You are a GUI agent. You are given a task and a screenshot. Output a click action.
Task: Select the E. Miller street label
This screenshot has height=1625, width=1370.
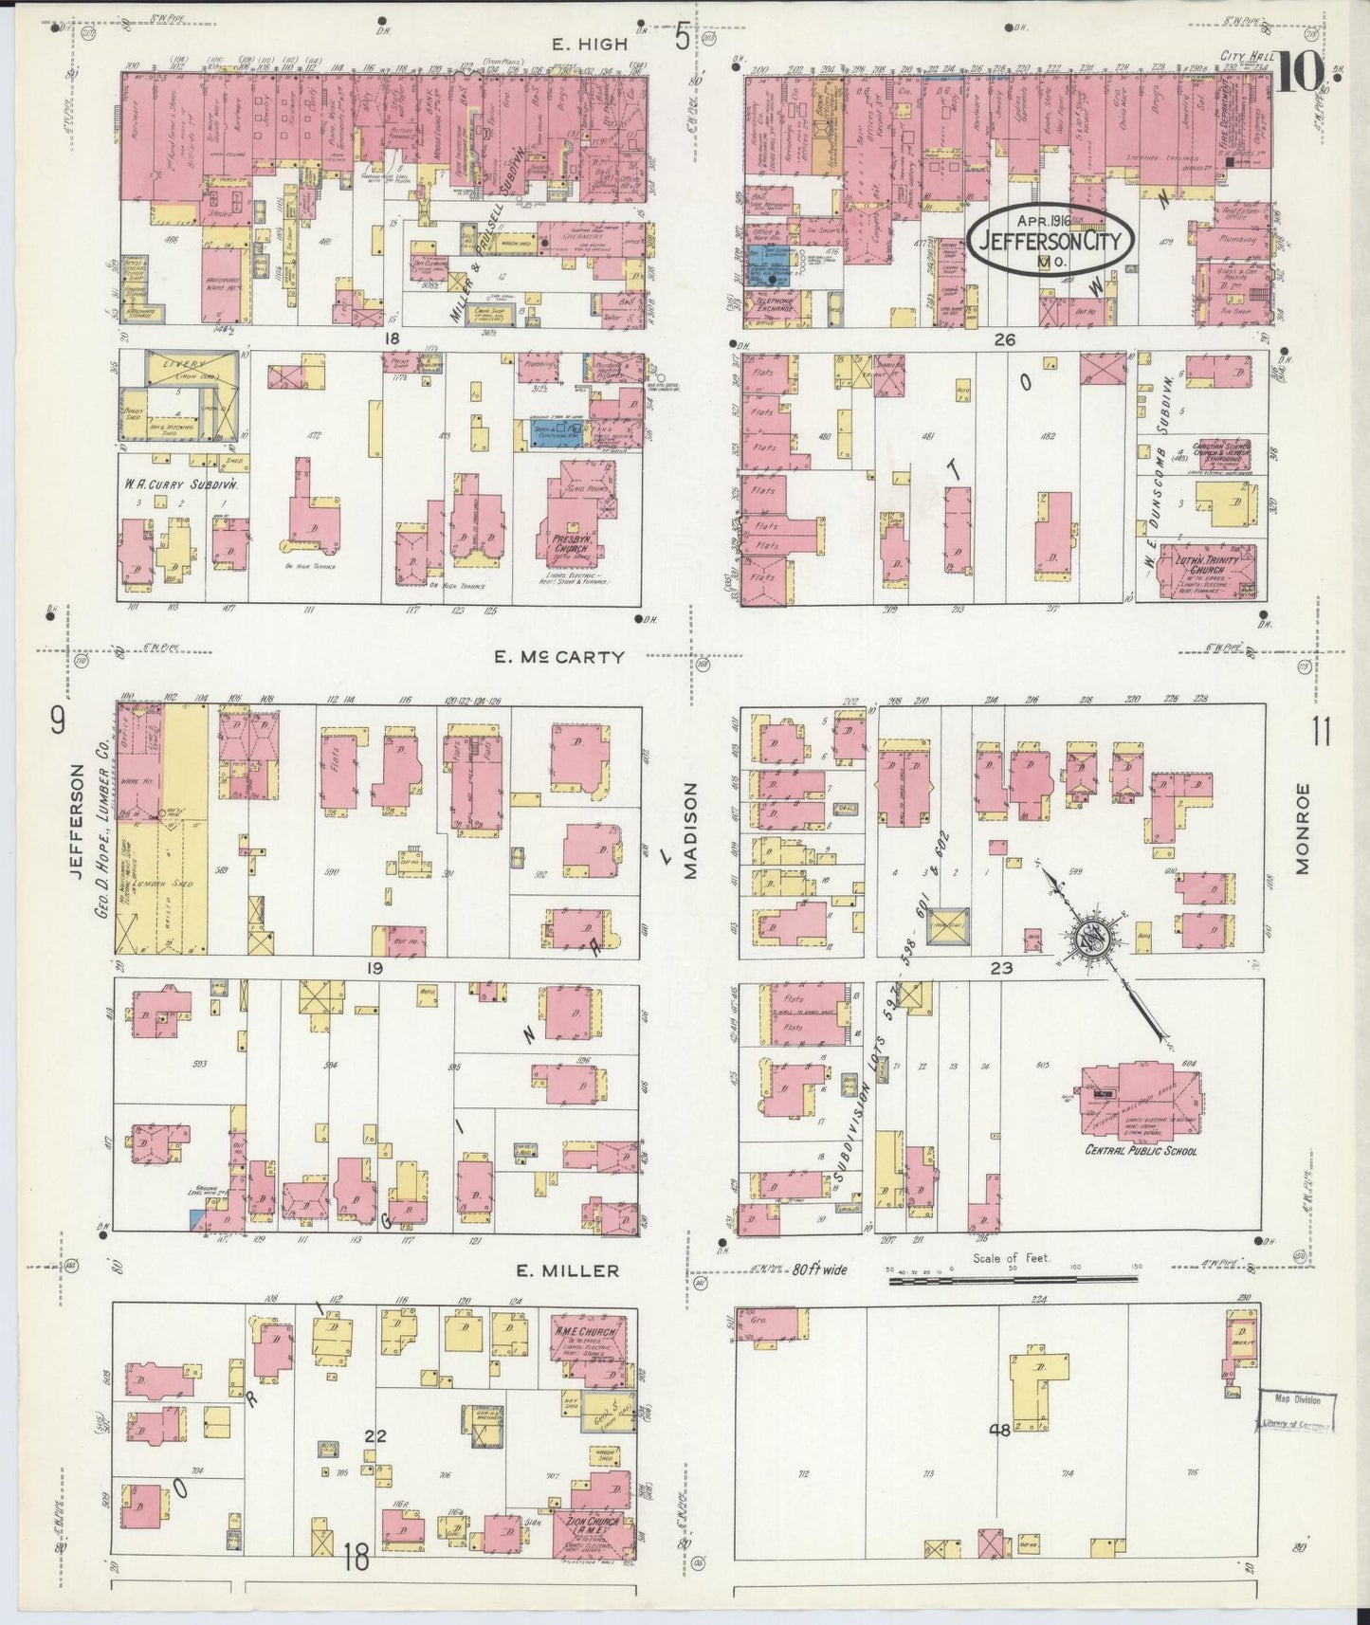(x=568, y=1270)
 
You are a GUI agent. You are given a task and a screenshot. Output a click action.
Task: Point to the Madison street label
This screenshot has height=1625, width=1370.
(x=691, y=831)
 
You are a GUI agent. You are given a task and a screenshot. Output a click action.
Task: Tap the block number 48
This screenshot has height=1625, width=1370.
(x=998, y=1432)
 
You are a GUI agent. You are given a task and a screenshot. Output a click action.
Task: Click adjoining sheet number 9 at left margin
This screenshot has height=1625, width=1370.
(x=57, y=723)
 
